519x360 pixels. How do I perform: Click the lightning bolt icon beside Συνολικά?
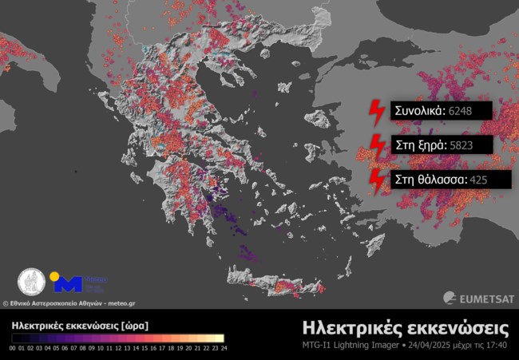(x=374, y=112)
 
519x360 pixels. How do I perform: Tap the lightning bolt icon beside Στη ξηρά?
(x=374, y=146)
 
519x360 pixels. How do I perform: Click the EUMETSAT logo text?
(x=481, y=298)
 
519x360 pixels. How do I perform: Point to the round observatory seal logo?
(x=32, y=282)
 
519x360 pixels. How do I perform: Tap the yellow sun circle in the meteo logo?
(x=55, y=277)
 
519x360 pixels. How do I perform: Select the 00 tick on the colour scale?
(x=14, y=348)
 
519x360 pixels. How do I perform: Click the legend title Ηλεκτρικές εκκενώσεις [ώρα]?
(x=80, y=326)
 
